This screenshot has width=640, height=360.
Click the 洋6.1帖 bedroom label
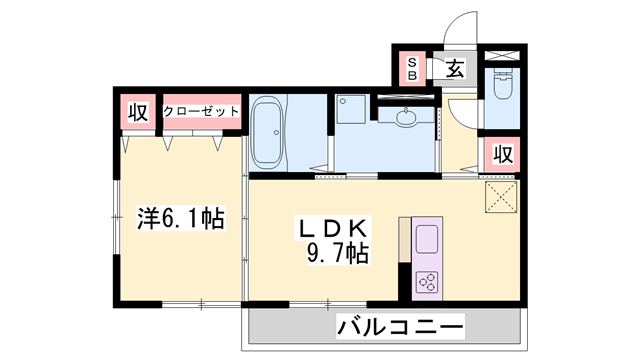[181, 215]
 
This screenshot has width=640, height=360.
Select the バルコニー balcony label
[400, 326]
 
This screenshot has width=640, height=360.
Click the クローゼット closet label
[201, 111]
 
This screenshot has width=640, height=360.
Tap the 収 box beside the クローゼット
[137, 112]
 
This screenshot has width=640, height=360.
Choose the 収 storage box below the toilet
[502, 155]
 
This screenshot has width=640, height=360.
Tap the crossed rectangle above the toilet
[501, 55]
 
